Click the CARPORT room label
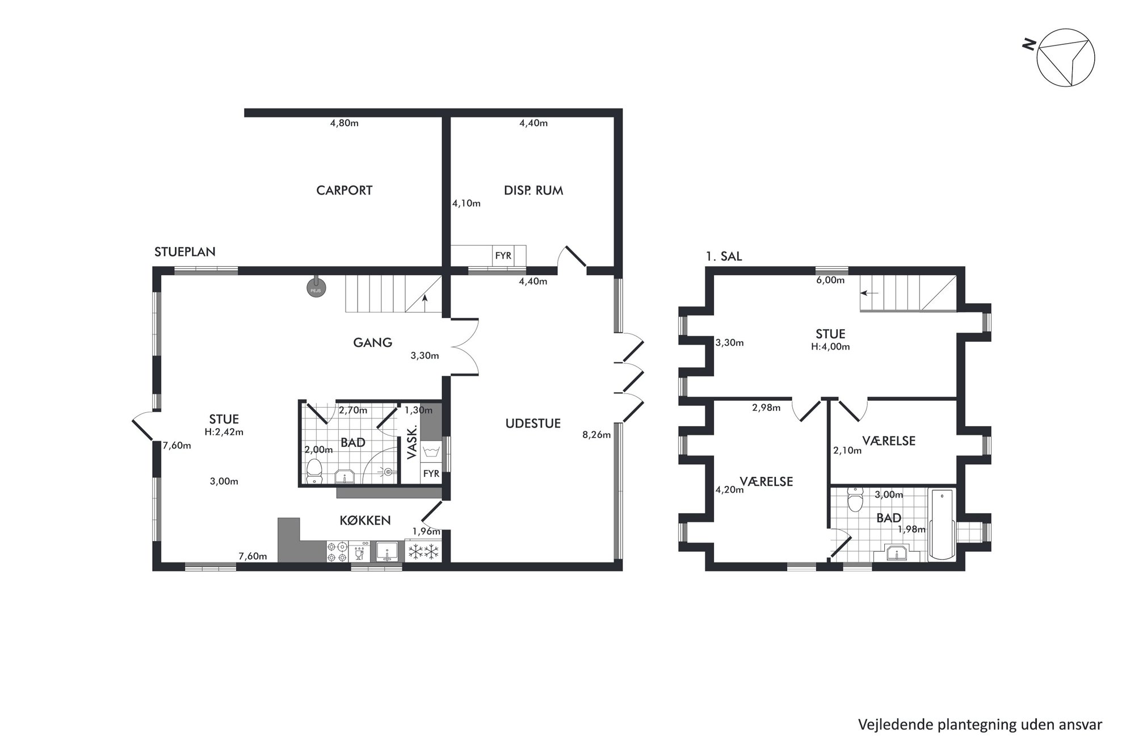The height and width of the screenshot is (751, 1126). [x=344, y=190]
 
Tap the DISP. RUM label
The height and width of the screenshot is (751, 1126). [x=533, y=190]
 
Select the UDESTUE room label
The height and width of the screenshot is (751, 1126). [x=533, y=423]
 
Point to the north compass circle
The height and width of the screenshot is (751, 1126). [x=1066, y=58]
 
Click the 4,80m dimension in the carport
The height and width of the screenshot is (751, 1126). [x=344, y=123]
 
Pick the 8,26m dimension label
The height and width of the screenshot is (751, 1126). [x=596, y=435]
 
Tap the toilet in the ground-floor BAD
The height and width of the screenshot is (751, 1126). [x=313, y=472]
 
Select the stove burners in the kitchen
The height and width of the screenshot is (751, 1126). [x=337, y=552]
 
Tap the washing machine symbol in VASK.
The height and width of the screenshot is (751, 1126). [x=431, y=452]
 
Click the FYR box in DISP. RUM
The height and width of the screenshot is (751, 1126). [x=503, y=255]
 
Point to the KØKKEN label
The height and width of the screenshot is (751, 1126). [x=365, y=521]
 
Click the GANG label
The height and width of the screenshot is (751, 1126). [x=372, y=342]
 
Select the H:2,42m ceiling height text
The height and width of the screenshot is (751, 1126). [x=224, y=431]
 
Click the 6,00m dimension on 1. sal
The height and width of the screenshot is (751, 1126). [x=830, y=280]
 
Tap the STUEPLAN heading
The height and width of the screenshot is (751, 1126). [x=185, y=252]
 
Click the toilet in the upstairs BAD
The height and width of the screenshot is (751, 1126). [x=854, y=499]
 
